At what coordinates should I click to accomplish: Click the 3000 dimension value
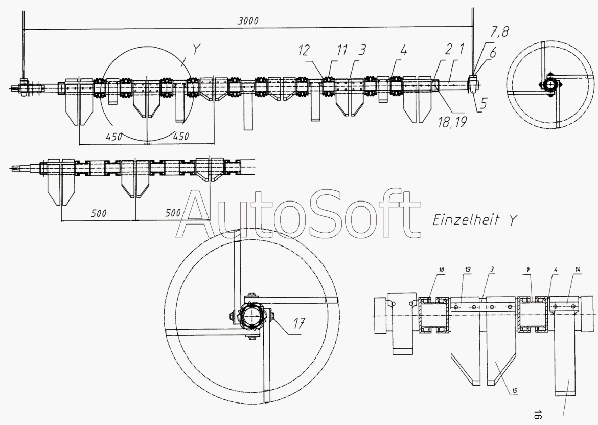pyautogui.click(x=248, y=20)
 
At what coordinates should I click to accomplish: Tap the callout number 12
pyautogui.click(x=304, y=50)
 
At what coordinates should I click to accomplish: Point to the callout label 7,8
pyautogui.click(x=499, y=32)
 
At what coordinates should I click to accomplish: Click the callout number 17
pyautogui.click(x=300, y=324)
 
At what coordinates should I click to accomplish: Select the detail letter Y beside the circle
pyautogui.click(x=196, y=49)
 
